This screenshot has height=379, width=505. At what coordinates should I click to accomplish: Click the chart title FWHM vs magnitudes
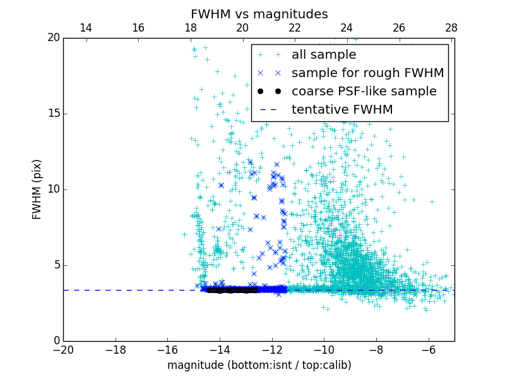[259, 14]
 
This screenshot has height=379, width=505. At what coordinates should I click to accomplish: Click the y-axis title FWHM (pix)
[37, 189]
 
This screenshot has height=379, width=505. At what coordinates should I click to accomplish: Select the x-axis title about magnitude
[259, 365]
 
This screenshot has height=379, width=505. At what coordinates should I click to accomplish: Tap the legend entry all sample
[324, 55]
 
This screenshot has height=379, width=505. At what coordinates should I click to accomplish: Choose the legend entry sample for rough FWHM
[367, 73]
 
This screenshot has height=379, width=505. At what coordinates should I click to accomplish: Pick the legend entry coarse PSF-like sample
[364, 92]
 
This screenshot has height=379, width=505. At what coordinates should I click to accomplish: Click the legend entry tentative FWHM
[342, 110]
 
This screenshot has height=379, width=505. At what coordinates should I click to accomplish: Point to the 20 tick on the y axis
[52, 38]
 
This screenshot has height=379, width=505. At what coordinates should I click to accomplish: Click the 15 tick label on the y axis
[52, 114]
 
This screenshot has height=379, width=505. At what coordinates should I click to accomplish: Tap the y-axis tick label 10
[52, 189]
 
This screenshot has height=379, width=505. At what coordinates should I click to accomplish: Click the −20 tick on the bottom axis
[63, 350]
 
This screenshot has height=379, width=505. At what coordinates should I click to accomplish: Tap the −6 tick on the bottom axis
[428, 350]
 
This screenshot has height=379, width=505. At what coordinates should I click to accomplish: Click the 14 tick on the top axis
[86, 28]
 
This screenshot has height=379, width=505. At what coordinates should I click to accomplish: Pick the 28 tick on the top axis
[451, 28]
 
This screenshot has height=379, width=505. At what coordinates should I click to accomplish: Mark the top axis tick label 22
[295, 28]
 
